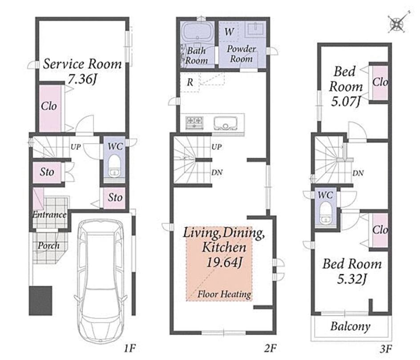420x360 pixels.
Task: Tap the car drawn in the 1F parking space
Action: pos(101,281)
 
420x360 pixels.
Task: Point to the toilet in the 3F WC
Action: pos(325,212)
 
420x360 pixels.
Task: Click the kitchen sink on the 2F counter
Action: pos(226,123)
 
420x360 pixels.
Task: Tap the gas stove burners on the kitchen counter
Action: pos(194,123)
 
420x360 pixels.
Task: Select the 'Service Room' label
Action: pos(82,64)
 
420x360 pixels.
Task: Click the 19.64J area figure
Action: pos(225,262)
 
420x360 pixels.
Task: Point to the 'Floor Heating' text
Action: pos(224,294)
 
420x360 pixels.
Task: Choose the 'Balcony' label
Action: pos(350,326)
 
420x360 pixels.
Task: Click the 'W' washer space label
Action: pos(229,32)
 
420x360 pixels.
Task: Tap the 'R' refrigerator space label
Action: pos(190,82)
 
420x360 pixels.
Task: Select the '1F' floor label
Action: pos(129,348)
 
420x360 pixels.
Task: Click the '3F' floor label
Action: pos(386,349)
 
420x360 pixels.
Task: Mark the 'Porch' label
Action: pos(48,246)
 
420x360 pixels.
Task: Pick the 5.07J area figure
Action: pos(346,101)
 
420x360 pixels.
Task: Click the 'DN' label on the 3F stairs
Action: pos(358,173)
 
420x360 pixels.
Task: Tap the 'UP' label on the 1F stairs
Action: pos(76,147)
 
